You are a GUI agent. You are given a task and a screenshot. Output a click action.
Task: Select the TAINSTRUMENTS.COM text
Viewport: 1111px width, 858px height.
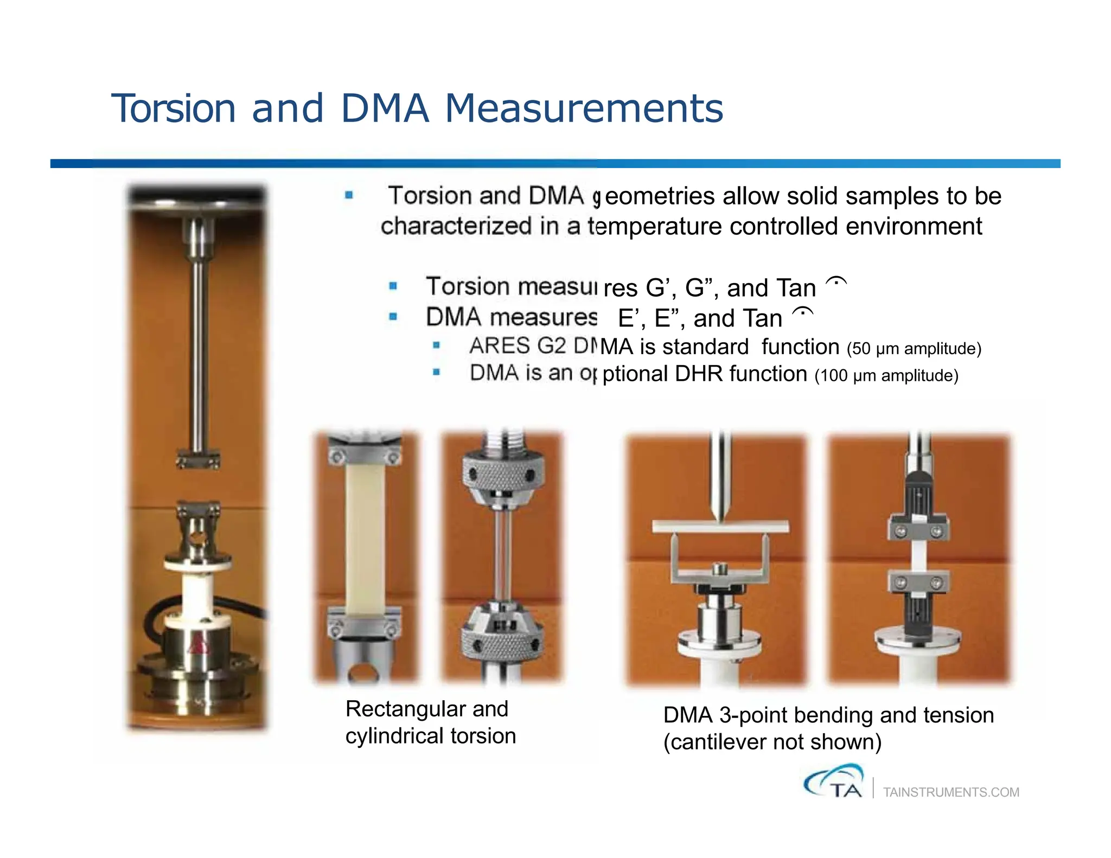(951, 792)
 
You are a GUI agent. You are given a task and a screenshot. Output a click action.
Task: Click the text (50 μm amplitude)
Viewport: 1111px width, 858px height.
(914, 349)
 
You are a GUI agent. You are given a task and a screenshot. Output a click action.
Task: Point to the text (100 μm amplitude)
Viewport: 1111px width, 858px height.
(886, 376)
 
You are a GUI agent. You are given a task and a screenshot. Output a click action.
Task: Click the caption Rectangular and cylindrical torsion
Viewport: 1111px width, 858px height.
(430, 722)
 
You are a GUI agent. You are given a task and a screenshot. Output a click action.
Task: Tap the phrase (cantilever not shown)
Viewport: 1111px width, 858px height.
(772, 742)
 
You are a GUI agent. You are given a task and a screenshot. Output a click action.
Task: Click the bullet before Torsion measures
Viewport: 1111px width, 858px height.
(393, 286)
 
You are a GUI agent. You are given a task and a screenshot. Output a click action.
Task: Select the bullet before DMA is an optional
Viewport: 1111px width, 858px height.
(436, 372)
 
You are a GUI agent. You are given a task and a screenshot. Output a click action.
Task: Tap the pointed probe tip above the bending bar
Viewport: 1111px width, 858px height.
(720, 513)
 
